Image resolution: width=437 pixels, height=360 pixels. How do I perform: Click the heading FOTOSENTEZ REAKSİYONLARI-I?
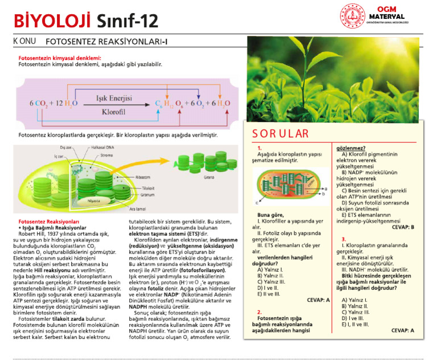(x=106, y=42)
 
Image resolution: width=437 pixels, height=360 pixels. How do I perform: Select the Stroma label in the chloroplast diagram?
(x=106, y=154)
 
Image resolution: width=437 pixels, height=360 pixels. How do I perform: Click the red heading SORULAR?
(x=281, y=134)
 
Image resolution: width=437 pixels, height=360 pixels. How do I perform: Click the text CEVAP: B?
(x=403, y=227)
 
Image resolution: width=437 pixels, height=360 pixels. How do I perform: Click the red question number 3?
(x=344, y=239)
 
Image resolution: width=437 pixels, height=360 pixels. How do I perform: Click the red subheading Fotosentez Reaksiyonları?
(x=48, y=220)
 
